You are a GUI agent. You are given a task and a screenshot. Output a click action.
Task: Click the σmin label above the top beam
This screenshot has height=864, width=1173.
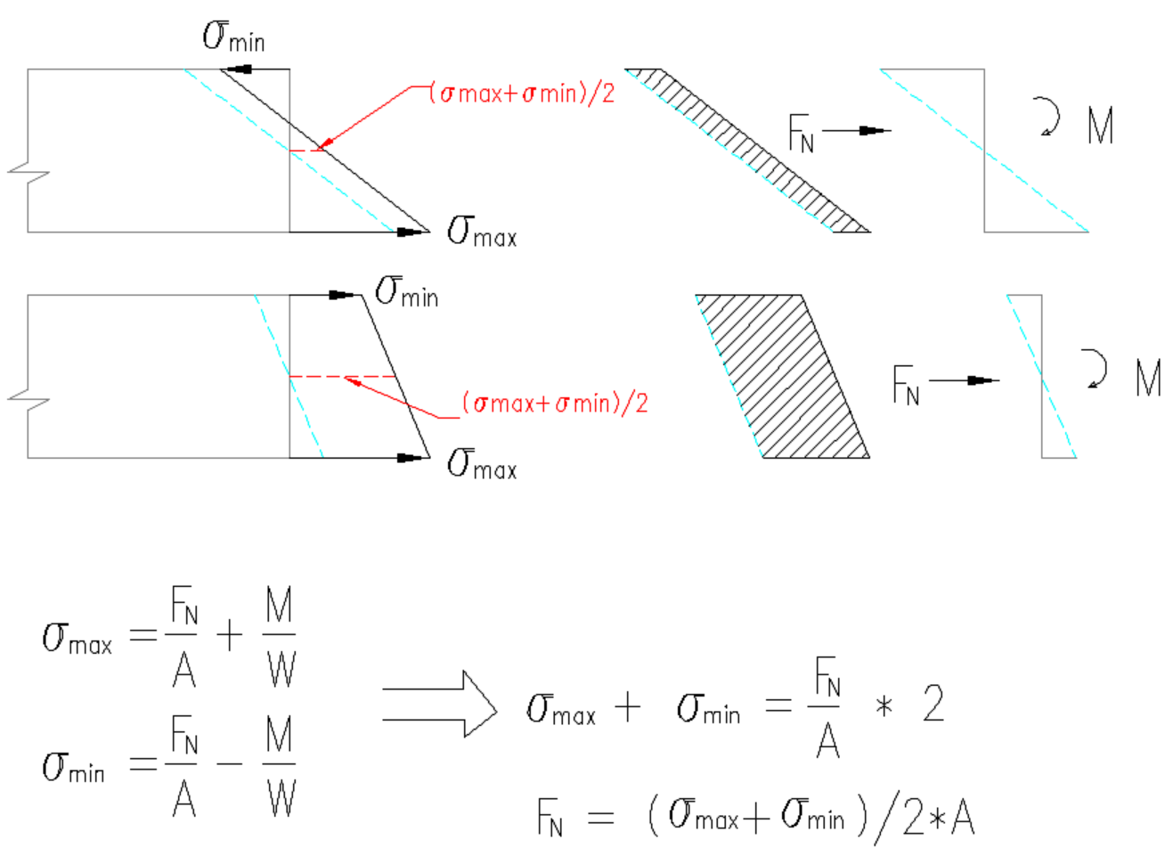pyautogui.click(x=233, y=37)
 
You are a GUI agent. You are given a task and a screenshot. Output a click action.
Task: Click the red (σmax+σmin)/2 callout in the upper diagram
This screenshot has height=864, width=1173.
pyautogui.click(x=522, y=94)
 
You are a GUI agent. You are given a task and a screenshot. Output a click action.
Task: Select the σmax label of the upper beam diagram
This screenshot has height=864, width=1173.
pyautogui.click(x=482, y=232)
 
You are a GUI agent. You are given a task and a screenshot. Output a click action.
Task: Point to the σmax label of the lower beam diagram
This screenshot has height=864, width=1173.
pyautogui.click(x=482, y=464)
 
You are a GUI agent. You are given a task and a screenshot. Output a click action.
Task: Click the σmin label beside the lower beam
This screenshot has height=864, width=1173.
pyautogui.click(x=407, y=291)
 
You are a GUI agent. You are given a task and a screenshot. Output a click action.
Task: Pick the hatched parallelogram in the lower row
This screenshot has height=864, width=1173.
pyautogui.click(x=782, y=377)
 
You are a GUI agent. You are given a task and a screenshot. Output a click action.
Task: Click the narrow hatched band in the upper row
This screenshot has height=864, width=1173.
pyautogui.click(x=748, y=151)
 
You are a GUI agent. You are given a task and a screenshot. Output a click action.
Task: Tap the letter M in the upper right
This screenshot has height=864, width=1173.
pyautogui.click(x=1101, y=126)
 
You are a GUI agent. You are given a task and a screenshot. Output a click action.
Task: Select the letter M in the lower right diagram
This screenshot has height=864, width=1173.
pyautogui.click(x=1148, y=378)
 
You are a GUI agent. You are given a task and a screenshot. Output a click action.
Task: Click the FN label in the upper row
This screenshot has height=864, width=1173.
pyautogui.click(x=802, y=134)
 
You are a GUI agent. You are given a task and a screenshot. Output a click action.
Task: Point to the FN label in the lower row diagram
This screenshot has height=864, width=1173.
pyautogui.click(x=906, y=385)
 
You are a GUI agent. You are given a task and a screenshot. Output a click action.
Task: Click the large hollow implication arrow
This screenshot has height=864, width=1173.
pyautogui.click(x=440, y=704)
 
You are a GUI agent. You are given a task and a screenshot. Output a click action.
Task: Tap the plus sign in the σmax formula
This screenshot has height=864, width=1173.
pyautogui.click(x=230, y=636)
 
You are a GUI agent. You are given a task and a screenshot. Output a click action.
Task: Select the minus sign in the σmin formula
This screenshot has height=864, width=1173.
pyautogui.click(x=230, y=764)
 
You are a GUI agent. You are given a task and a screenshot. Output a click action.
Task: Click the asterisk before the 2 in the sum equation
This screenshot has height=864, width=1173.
pyautogui.click(x=884, y=706)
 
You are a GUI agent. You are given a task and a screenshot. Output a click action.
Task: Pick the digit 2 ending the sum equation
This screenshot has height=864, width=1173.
pyautogui.click(x=933, y=704)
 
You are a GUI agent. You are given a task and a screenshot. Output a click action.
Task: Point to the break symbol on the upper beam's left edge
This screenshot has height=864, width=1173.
pyautogui.click(x=29, y=172)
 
